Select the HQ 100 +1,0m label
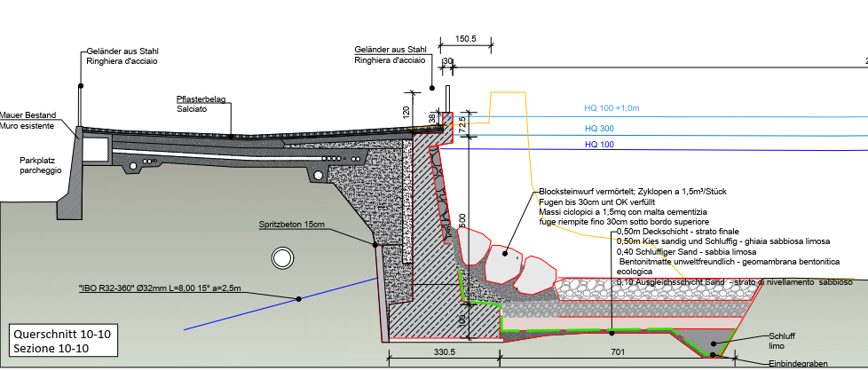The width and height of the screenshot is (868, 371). click(x=612, y=108)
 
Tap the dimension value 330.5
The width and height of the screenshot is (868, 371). click(x=420, y=352)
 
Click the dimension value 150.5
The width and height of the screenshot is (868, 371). click(x=465, y=39)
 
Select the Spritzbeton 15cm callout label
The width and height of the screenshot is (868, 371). click(x=294, y=224)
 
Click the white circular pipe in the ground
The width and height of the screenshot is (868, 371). click(x=283, y=257)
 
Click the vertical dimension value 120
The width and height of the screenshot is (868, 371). click(x=405, y=114)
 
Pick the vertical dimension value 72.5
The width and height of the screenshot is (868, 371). click(x=462, y=123)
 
